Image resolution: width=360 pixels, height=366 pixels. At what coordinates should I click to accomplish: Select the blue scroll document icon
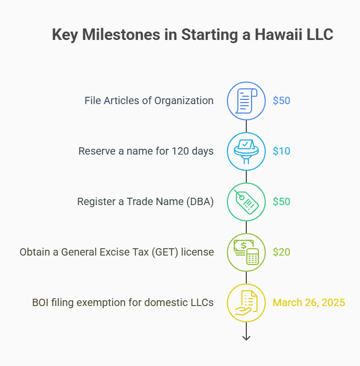(246, 100)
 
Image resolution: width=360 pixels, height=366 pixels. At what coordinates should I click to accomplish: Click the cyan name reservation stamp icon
(246, 151)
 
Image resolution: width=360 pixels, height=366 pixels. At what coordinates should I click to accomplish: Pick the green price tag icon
(246, 201)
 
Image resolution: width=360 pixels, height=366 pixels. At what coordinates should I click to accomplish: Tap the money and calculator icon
(246, 252)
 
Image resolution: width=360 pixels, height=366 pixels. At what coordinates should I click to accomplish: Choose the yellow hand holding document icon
(246, 302)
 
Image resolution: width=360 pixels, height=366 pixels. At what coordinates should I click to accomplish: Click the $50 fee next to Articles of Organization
(281, 100)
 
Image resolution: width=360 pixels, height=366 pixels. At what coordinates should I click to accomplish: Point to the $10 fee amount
(281, 151)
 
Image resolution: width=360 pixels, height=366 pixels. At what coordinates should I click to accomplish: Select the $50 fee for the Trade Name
(281, 201)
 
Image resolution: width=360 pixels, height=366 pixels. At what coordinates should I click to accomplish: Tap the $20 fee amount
(281, 252)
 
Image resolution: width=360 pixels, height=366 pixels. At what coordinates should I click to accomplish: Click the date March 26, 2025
(308, 302)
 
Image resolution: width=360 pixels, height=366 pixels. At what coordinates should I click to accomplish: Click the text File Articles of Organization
(149, 100)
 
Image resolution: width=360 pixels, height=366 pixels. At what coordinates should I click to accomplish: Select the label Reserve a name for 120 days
(146, 151)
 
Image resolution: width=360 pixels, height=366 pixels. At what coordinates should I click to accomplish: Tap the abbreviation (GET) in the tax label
(164, 252)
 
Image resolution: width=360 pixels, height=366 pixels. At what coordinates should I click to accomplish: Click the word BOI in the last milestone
(41, 302)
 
